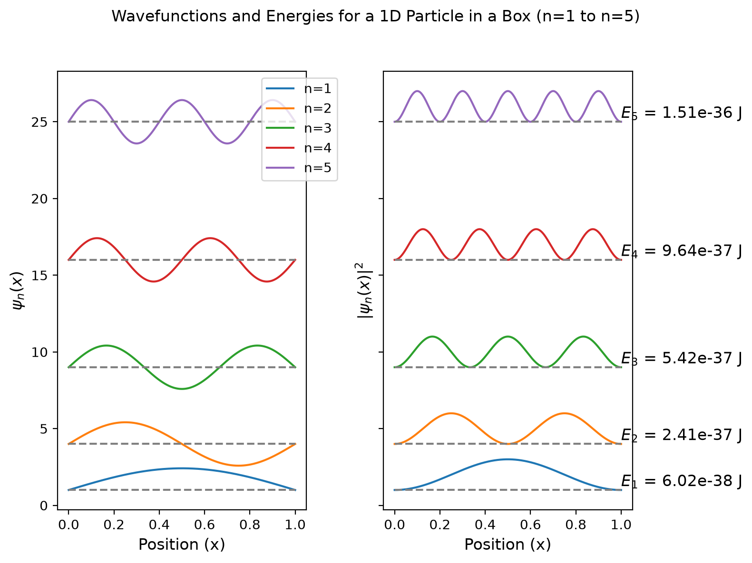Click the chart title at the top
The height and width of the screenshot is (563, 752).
pyautogui.click(x=375, y=16)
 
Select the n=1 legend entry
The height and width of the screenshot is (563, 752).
pyautogui.click(x=298, y=88)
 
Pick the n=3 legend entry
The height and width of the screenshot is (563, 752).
pyautogui.click(x=298, y=128)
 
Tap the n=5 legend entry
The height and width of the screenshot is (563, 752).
pyautogui.click(x=298, y=168)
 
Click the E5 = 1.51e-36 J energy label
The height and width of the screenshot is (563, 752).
pyautogui.click(x=681, y=113)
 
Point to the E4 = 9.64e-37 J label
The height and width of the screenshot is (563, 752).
pyautogui.click(x=681, y=251)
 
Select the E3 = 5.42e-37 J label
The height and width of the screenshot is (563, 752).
pyautogui.click(x=681, y=358)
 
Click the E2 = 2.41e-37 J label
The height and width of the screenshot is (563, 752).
pyautogui.click(x=681, y=435)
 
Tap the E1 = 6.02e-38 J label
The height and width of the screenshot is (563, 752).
pyautogui.click(x=681, y=481)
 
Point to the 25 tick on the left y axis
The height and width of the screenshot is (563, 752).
pyautogui.click(x=39, y=122)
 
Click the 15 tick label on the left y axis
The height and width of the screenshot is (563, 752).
pyautogui.click(x=39, y=276)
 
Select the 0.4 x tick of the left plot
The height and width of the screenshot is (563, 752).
pyautogui.click(x=159, y=525)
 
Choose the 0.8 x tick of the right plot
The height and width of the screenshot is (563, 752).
pyautogui.click(x=576, y=525)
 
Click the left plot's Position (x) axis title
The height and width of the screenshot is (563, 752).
pyautogui.click(x=182, y=544)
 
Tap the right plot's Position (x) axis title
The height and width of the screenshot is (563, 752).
pyautogui.click(x=508, y=544)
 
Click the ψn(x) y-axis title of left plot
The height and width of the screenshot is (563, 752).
pyautogui.click(x=18, y=290)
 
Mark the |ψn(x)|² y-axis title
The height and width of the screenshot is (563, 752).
pyautogui.click(x=364, y=290)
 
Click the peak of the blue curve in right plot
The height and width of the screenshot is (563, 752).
pyautogui.click(x=508, y=459)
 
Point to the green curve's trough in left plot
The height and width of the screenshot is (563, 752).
pyautogui.click(x=182, y=389)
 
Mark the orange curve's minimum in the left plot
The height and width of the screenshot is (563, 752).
pyautogui.click(x=238, y=466)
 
